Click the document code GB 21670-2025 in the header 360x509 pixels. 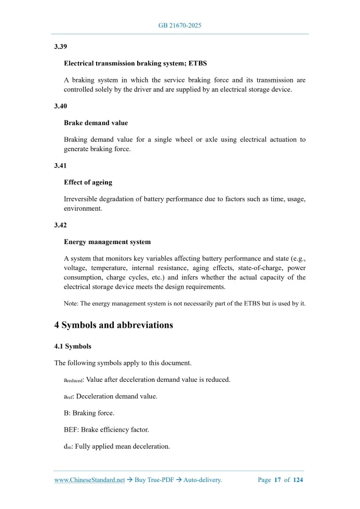click(179, 25)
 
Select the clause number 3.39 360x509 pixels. click(60, 47)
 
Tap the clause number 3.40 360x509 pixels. click(60, 106)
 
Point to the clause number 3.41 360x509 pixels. click(60, 165)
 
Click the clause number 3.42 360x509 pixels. click(60, 225)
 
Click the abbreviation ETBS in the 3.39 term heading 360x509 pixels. click(197, 63)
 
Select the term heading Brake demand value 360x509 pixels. click(96, 123)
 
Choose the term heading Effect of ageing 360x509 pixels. click(88, 182)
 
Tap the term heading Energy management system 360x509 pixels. click(107, 242)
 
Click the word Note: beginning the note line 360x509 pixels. click(72, 303)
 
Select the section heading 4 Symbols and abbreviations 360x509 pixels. click(113, 326)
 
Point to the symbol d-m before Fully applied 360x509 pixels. click(68, 447)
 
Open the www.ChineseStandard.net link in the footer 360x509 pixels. click(89, 480)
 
